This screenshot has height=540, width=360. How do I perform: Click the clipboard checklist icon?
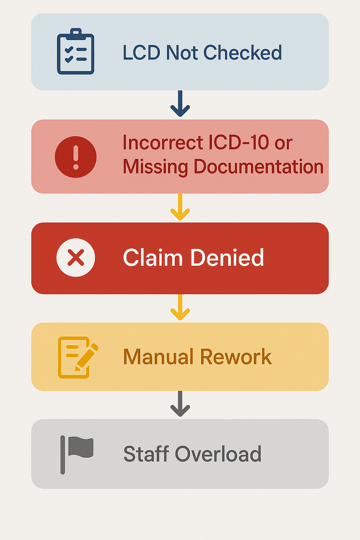pyautogui.click(x=76, y=52)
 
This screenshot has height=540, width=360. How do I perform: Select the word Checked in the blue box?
pyautogui.click(x=243, y=53)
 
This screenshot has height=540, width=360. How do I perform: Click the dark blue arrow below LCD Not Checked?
pyautogui.click(x=180, y=104)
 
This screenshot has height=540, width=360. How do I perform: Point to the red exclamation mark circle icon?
pyautogui.click(x=76, y=157)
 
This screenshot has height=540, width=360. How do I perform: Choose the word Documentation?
pyautogui.click(x=258, y=167)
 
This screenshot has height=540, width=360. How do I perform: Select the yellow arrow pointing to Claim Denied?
pyautogui.click(x=180, y=207)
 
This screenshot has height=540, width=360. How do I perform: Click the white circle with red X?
pyautogui.click(x=76, y=258)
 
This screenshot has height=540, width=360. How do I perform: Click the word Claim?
pyautogui.click(x=153, y=257)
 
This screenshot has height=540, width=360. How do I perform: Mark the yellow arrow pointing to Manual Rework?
pyautogui.click(x=180, y=307)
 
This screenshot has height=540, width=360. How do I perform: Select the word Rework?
pyautogui.click(x=236, y=357)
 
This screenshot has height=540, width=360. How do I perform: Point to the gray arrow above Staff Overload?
pyautogui.click(x=180, y=404)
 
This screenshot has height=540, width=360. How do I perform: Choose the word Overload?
pyautogui.click(x=218, y=454)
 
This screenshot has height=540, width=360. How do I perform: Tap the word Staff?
pyautogui.click(x=146, y=454)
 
